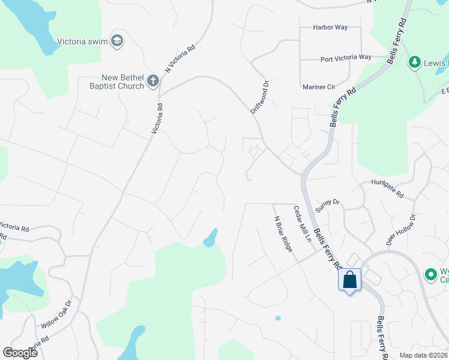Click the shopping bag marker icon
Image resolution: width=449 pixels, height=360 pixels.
349,280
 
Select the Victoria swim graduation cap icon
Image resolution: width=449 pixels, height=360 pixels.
118,41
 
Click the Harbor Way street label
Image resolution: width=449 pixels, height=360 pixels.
330,28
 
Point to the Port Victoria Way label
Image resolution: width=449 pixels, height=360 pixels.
346,58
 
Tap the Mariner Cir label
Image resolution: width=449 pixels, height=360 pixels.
319,87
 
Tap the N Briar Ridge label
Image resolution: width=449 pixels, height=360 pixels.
282,233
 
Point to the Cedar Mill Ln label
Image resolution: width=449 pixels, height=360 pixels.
302,224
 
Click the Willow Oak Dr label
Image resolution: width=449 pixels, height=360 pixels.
57,314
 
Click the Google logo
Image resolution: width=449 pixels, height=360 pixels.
20,352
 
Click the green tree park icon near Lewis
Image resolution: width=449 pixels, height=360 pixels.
414,62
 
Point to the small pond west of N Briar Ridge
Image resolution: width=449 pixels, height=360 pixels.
210,238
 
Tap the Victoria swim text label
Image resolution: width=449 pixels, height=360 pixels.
85,42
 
